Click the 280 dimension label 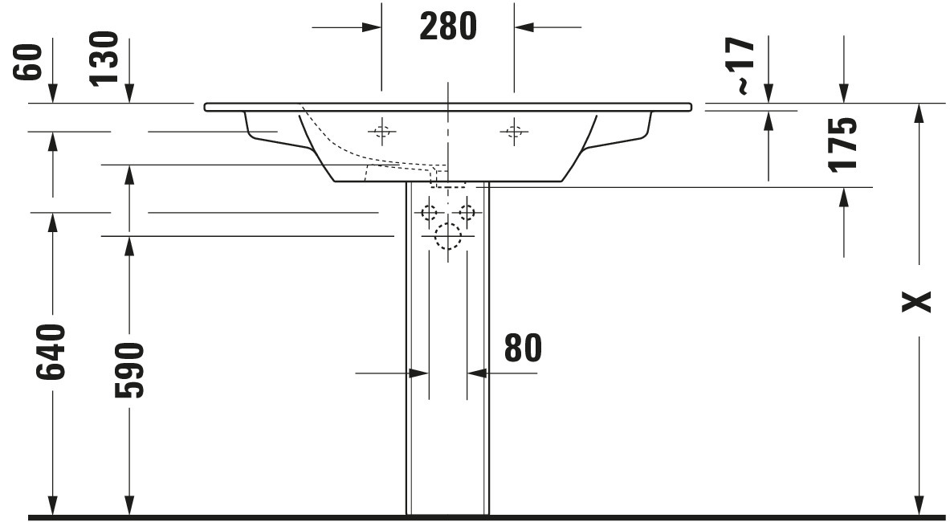point(448,27)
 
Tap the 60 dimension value point(27,63)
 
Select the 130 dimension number point(103,59)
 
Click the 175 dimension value point(842,144)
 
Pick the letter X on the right point(916,301)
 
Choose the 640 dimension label point(51,352)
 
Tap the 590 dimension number point(129,370)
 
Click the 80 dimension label point(523,348)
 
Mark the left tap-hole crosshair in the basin point(381,131)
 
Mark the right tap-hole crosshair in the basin point(515,131)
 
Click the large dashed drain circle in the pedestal point(448,237)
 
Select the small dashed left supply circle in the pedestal point(430,213)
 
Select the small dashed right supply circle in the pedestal point(467,213)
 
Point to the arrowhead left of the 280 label point(371,27)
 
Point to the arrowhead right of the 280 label point(524,27)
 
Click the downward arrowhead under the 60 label point(53,93)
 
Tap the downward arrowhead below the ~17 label point(769,93)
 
